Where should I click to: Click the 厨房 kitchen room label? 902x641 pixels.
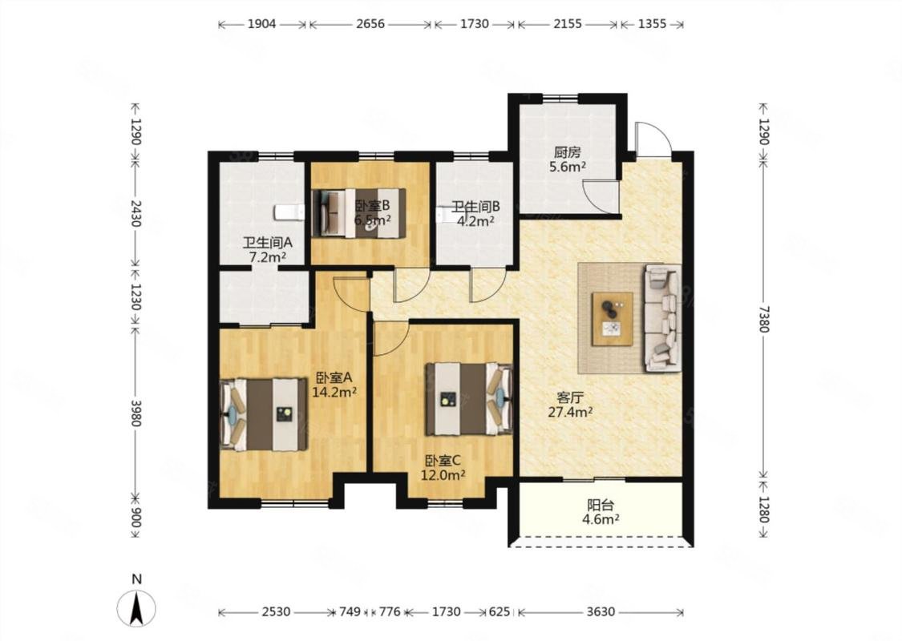pos(567,152)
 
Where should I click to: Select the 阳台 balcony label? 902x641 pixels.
pos(600,506)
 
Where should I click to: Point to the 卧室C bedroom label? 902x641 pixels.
pos(443,461)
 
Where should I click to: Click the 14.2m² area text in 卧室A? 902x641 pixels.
pos(334,393)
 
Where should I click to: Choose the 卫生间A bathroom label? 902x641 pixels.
pos(268,243)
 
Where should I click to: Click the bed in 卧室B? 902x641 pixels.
pos(359,212)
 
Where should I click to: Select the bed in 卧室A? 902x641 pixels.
pos(264,414)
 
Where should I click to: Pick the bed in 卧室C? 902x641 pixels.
pos(469,398)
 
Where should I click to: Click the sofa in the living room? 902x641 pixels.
pos(663,317)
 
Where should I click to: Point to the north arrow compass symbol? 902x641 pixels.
pos(136,607)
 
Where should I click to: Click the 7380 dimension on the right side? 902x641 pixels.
pos(763,319)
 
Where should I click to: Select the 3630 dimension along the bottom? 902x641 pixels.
pos(601,611)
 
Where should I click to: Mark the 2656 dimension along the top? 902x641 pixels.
pos(370,24)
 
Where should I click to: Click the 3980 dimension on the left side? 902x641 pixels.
pos(136,413)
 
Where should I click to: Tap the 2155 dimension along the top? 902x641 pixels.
pos(567,24)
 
